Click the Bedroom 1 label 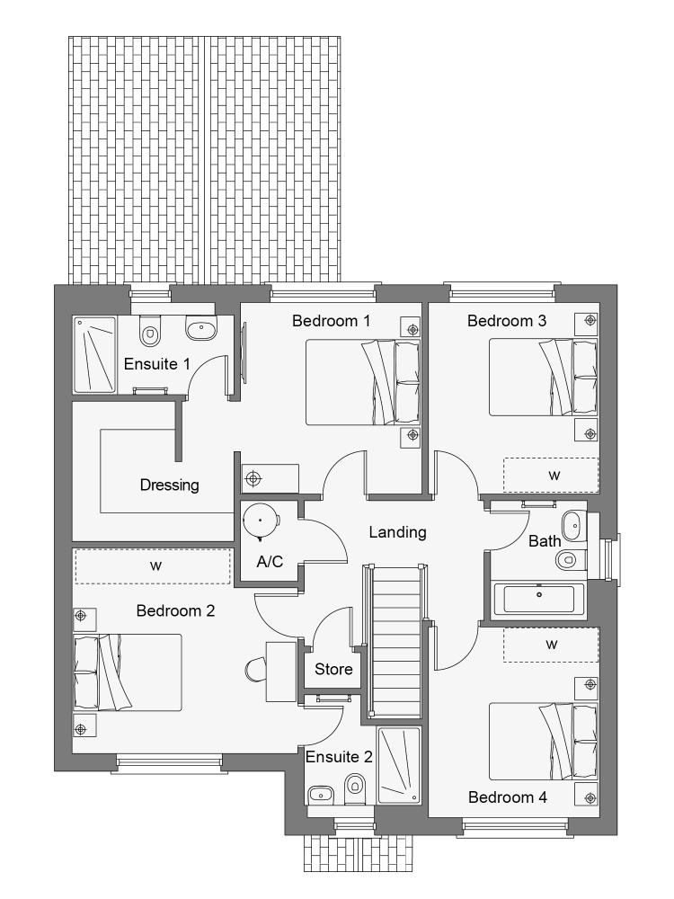(x=331, y=321)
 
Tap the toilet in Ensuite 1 (x=149, y=331)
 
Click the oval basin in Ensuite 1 (x=201, y=330)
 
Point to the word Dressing (x=169, y=485)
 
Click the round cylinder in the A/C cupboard (x=261, y=521)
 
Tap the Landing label (x=397, y=532)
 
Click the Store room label (x=333, y=669)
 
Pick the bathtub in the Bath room (x=538, y=600)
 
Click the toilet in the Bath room (x=570, y=558)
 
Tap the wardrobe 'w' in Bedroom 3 (x=552, y=475)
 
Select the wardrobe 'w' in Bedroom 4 (x=552, y=645)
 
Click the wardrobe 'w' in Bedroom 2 (x=153, y=565)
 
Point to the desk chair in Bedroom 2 (x=255, y=671)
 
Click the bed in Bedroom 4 (x=543, y=742)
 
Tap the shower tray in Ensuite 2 (x=399, y=765)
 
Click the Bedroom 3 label (x=507, y=321)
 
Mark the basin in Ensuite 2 (x=321, y=795)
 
